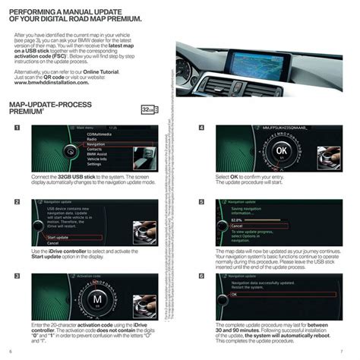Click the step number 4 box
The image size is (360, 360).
coord(201,128)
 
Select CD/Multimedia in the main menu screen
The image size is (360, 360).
coord(99,134)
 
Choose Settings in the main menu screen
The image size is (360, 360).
coord(95,163)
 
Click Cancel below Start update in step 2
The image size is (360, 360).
coord(53,243)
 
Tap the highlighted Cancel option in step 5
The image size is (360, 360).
coord(237,226)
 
